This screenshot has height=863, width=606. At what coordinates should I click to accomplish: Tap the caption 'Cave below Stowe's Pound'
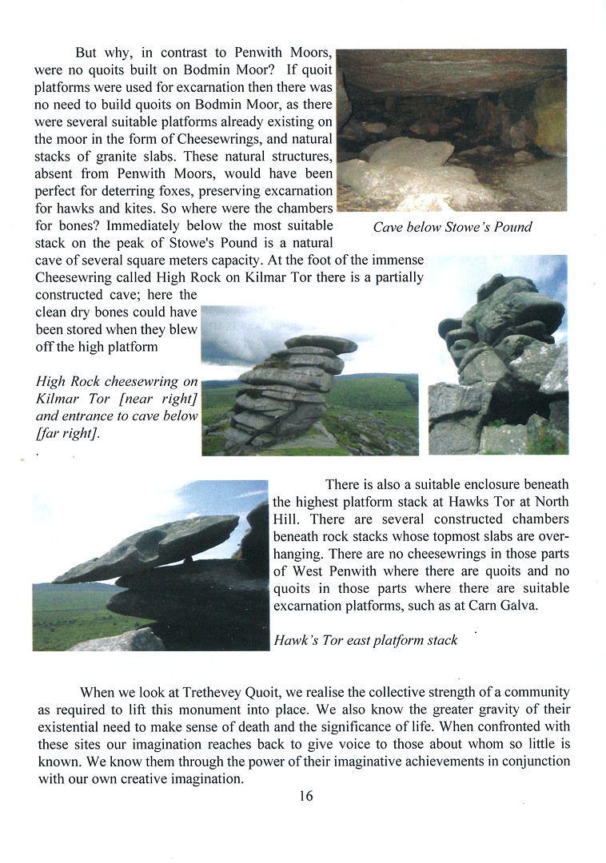tap(452, 227)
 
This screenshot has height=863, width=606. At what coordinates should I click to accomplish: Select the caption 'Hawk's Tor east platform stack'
tap(365, 639)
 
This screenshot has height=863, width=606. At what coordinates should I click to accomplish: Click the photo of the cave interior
tap(452, 130)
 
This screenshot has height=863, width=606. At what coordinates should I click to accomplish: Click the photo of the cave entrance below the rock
tap(498, 355)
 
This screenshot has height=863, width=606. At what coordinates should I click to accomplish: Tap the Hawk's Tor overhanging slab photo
tap(150, 565)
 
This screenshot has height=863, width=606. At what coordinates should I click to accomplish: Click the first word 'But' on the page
tap(86, 53)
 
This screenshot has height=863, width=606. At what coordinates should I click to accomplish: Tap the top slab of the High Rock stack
tap(321, 344)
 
